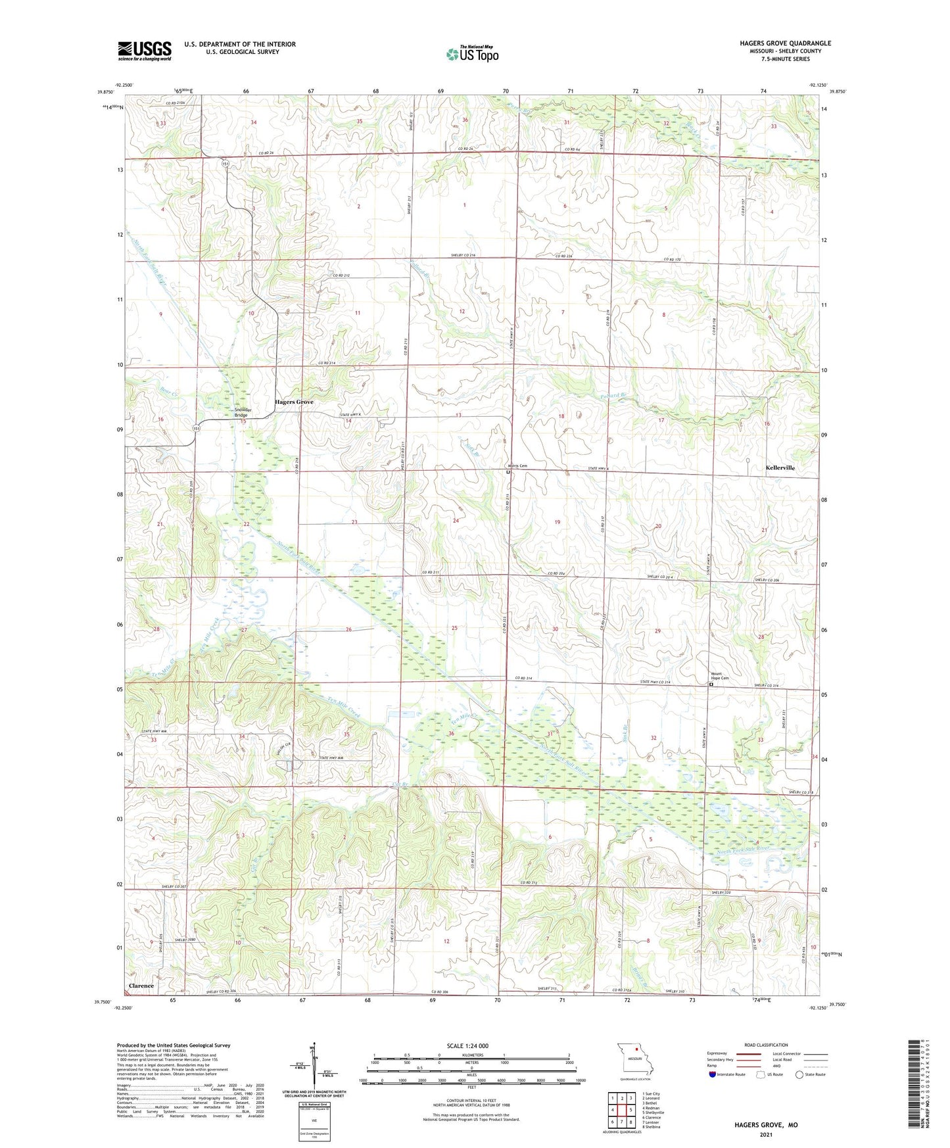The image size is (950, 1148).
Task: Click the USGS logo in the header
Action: tap(144, 51)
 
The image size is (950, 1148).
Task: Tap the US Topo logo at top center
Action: tap(471, 54)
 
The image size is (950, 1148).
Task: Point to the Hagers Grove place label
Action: tap(294, 402)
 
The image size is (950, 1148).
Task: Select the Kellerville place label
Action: tap(780, 468)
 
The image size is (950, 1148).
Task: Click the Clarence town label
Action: tap(141, 986)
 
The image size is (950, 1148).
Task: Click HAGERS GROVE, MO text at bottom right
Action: tap(766, 1125)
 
